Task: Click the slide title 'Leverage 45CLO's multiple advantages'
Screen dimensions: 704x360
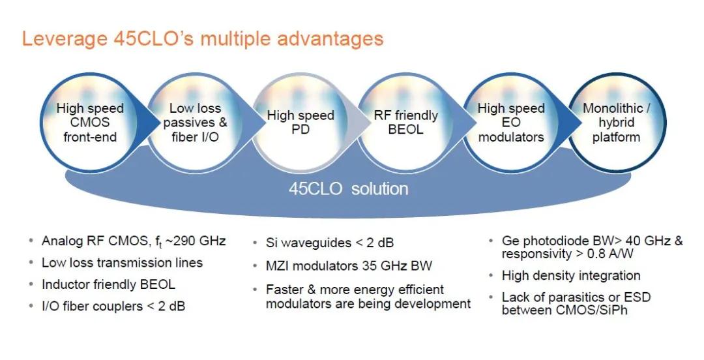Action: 203,38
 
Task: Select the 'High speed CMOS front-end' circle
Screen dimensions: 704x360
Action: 90,122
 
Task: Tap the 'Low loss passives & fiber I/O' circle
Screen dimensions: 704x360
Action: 195,122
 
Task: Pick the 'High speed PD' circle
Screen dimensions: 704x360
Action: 301,122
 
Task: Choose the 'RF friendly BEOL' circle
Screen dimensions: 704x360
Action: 405,122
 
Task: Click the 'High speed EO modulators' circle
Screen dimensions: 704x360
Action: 511,122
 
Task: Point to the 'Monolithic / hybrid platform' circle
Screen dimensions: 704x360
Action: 616,122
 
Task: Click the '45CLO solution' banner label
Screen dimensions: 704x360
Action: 348,188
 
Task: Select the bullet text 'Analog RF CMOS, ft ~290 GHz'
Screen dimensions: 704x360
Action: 134,241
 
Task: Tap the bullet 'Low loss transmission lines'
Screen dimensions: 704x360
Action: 122,262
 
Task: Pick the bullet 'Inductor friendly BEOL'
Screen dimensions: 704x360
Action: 108,284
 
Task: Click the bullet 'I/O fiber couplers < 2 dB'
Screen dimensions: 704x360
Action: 113,307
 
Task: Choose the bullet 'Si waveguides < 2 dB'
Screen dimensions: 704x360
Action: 330,243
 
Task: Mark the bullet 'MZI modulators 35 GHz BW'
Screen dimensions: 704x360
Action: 349,265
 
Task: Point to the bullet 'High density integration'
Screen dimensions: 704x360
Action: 571,275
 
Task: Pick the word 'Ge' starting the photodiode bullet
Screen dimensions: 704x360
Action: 510,241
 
